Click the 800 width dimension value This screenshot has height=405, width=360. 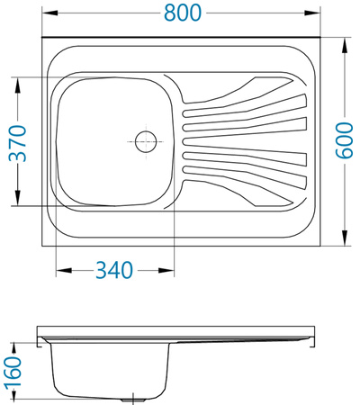pyautogui.click(x=183, y=13)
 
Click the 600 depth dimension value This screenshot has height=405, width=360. pyautogui.click(x=344, y=140)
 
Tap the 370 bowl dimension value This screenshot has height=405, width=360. pyautogui.click(x=18, y=143)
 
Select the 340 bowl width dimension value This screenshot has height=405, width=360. pyautogui.click(x=114, y=270)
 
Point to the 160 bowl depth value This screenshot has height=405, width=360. pyautogui.click(x=13, y=372)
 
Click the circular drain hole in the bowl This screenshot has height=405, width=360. pyautogui.click(x=146, y=141)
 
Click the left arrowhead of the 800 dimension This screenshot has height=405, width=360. pyautogui.click(x=49, y=13)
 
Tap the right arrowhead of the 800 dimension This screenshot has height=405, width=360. pyautogui.click(x=312, y=13)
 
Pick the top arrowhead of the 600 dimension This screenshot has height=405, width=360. pyautogui.click(x=345, y=46)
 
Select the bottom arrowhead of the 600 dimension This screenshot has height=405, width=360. pyautogui.click(x=345, y=238)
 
